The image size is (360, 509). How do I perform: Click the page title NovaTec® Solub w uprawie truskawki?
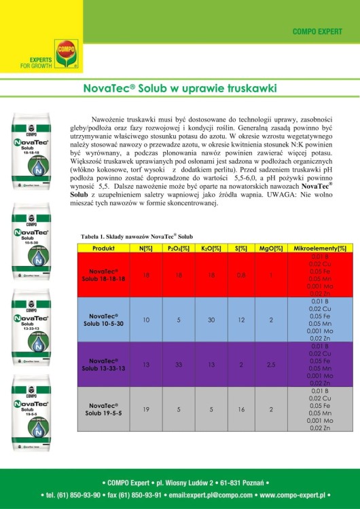179,88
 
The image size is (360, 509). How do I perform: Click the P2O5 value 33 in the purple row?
177,364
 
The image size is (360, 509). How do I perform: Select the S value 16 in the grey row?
240,409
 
